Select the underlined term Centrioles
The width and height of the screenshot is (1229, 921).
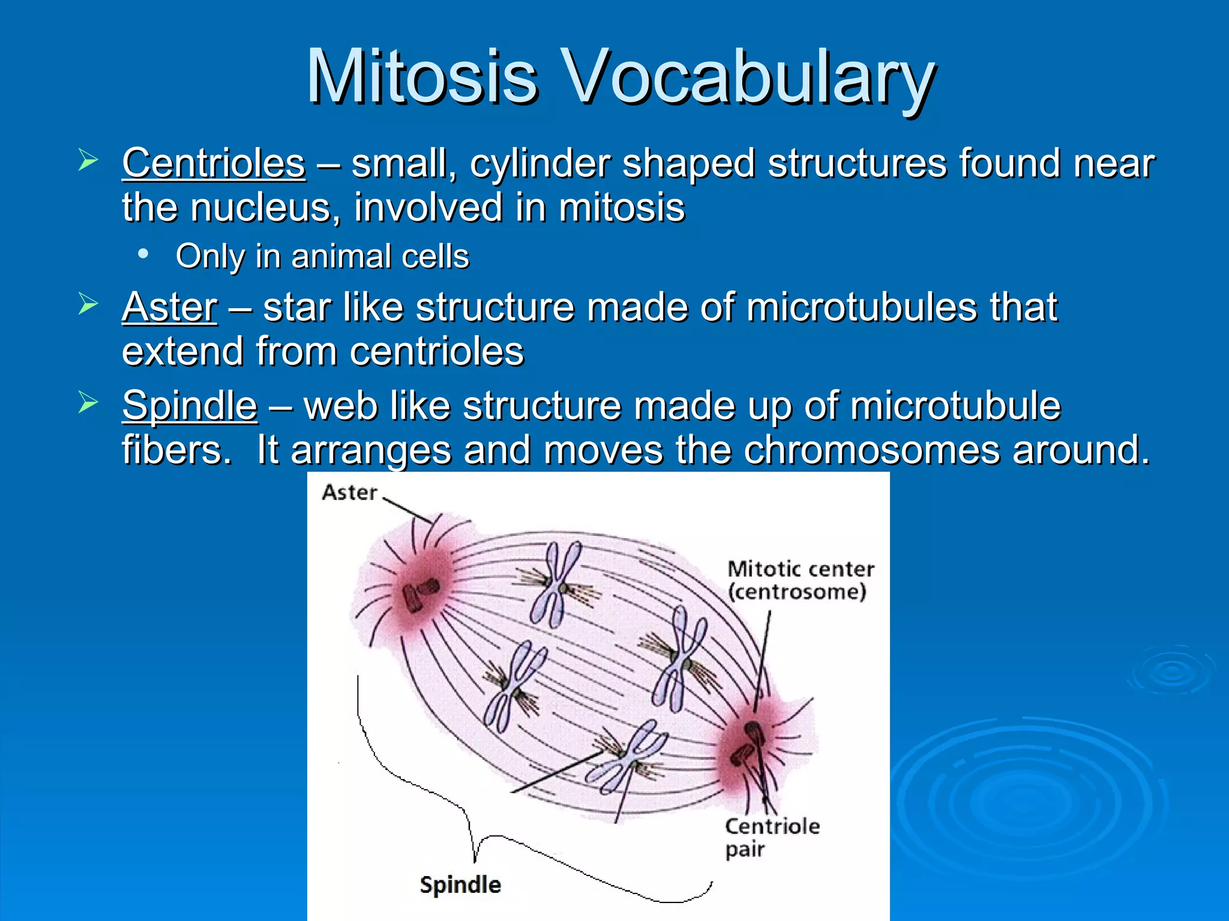point(214,163)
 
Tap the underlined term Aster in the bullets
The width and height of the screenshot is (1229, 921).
point(169,307)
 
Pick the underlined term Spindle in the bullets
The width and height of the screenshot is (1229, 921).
point(190,405)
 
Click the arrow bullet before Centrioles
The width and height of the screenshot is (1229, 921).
point(88,161)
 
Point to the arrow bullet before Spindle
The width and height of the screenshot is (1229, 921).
point(88,403)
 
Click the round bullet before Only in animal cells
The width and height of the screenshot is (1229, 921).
point(143,254)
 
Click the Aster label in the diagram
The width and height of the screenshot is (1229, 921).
point(349,493)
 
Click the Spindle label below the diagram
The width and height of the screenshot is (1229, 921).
point(460,885)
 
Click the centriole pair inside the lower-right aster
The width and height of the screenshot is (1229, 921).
point(748,744)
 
